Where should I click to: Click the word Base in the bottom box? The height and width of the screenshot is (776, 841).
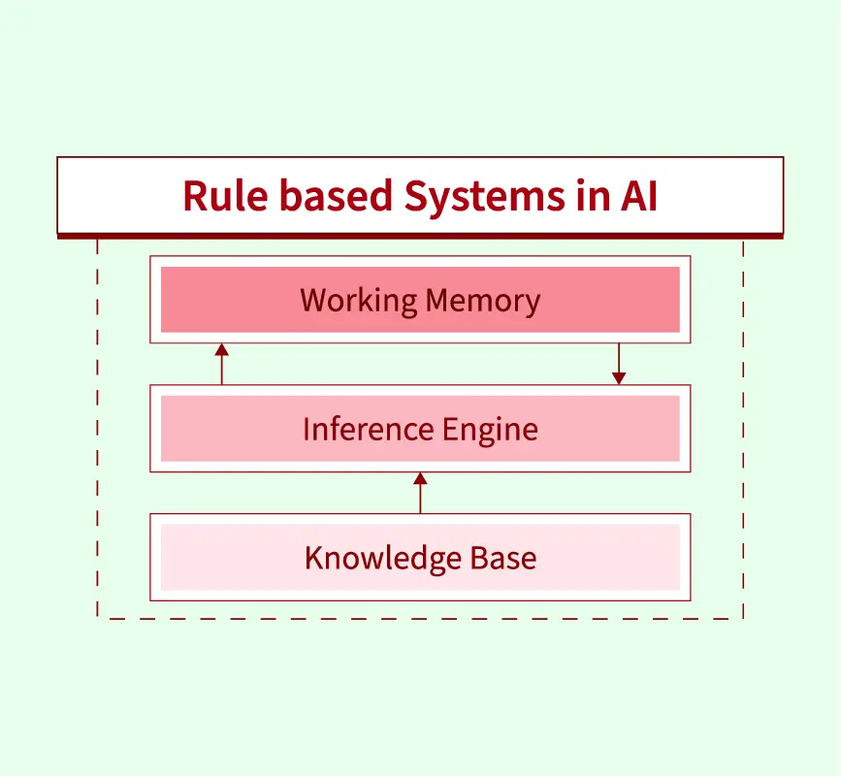pos(503,558)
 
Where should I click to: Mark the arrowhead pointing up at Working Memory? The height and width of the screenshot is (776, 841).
pos(221,349)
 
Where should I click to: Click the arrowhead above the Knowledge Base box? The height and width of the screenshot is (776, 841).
pos(420,478)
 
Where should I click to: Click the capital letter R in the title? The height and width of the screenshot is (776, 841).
pos(195,196)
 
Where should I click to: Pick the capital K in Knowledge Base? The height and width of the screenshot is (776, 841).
pos(313,558)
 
